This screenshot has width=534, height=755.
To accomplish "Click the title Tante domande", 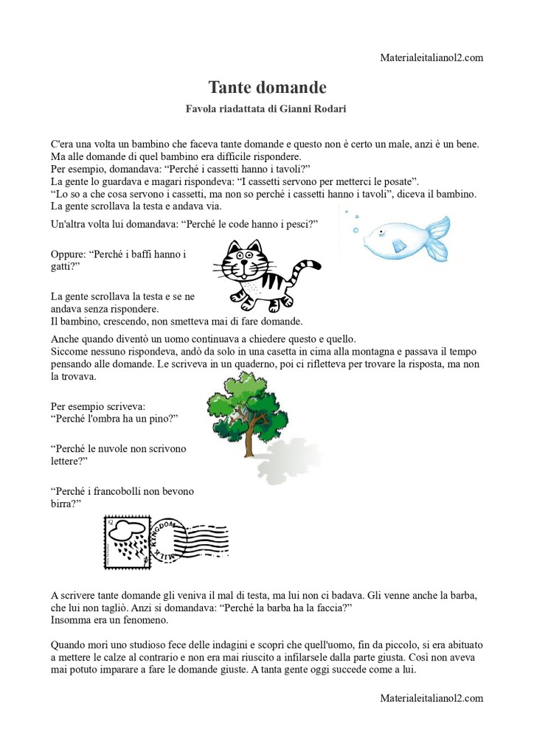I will (x=267, y=88).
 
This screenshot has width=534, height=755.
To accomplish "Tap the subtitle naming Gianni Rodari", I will (x=267, y=109).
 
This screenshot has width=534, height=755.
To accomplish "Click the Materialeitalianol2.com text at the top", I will (x=432, y=58).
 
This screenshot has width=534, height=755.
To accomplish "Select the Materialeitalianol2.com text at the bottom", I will (x=432, y=697).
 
